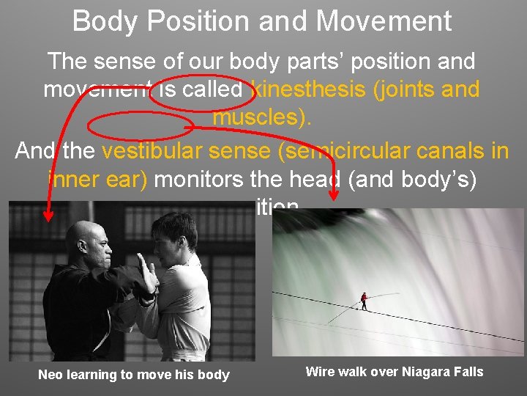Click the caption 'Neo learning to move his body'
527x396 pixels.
coord(133,375)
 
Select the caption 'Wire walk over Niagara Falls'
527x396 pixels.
coord(395,371)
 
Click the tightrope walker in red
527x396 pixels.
coord(363,300)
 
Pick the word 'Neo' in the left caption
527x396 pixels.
coord(51,375)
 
